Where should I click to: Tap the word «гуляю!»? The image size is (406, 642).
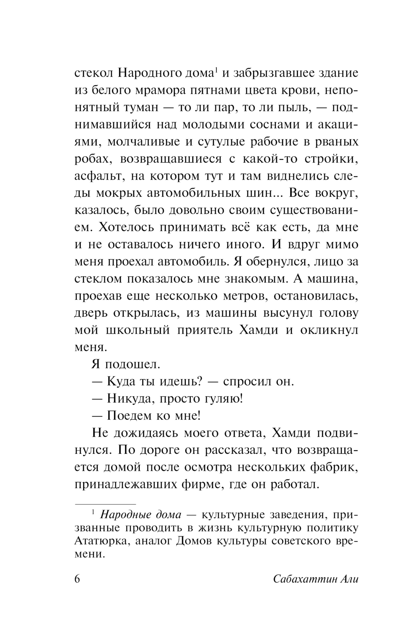(225, 398)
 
